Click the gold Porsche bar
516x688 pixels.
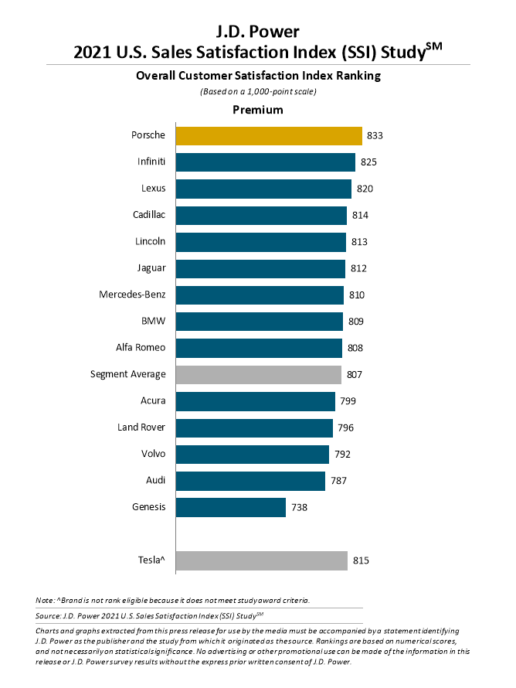coord(269,135)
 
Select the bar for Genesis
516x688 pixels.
coord(231,507)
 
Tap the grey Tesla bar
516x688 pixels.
coord(262,560)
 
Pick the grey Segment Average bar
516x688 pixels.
coord(259,374)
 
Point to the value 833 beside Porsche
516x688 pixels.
coord(375,135)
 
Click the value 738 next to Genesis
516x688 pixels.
coord(299,507)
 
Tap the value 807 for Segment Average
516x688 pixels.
coord(355,374)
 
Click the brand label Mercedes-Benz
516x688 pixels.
coord(132,295)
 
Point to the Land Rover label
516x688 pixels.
coord(140,427)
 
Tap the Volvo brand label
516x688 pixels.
coord(151,454)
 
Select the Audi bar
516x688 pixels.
coord(251,480)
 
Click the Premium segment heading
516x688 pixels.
coord(258,110)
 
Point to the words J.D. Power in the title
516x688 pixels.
coord(258,32)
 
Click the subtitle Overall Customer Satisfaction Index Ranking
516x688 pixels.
coord(258,76)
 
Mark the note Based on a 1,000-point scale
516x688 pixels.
coord(258,92)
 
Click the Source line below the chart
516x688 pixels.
coord(150,615)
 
